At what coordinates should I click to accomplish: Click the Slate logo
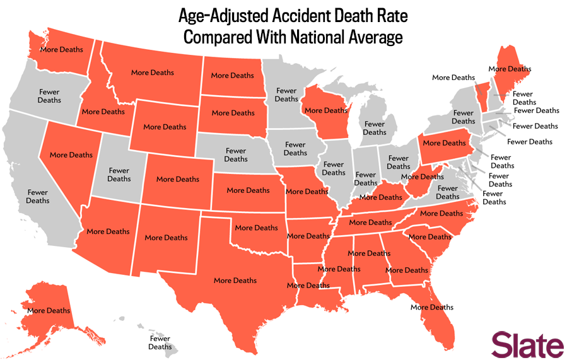point(528,345)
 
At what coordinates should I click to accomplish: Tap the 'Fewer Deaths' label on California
point(37,197)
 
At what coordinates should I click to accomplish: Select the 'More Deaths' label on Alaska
point(49,310)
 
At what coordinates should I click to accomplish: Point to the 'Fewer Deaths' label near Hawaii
point(160,342)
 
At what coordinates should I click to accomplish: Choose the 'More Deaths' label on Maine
point(510,69)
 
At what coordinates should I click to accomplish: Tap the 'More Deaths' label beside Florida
point(432,308)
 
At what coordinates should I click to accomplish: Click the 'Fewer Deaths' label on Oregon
point(49,96)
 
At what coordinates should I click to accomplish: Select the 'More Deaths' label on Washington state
point(62,49)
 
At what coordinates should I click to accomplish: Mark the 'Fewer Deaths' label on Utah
point(119,175)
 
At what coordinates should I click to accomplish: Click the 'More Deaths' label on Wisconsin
point(326,110)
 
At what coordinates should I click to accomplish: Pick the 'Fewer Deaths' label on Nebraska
point(236,155)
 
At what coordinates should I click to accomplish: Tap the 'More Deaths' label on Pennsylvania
point(445,142)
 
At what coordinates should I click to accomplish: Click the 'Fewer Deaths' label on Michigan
point(375,128)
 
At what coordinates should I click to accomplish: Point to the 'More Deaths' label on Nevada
point(71,155)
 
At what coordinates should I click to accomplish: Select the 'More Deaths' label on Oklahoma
point(256,228)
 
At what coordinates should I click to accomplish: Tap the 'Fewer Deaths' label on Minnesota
point(286,95)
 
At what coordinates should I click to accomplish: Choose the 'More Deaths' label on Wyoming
point(165,127)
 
